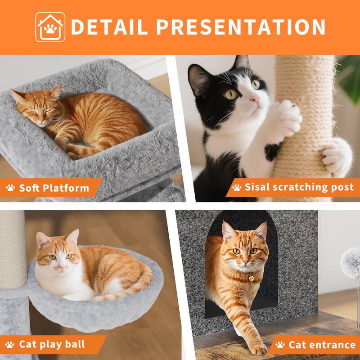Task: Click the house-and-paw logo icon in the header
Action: [50, 27]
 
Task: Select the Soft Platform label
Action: [54, 188]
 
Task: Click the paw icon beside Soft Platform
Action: [11, 188]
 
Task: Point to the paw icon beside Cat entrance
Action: [280, 345]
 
